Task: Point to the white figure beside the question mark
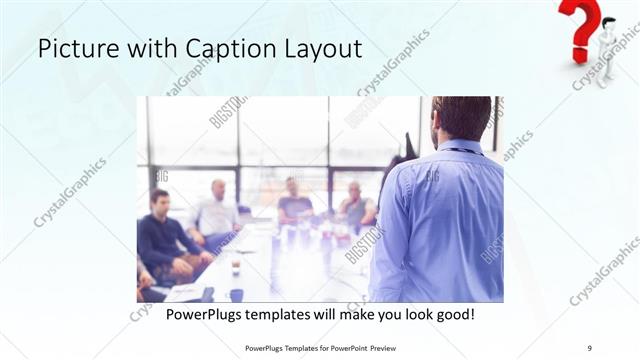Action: point(606,50)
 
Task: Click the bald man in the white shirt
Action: point(217,210)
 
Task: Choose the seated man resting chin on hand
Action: point(355,205)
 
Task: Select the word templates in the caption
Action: point(301,315)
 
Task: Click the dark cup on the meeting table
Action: point(236,293)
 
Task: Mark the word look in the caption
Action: point(409,315)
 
